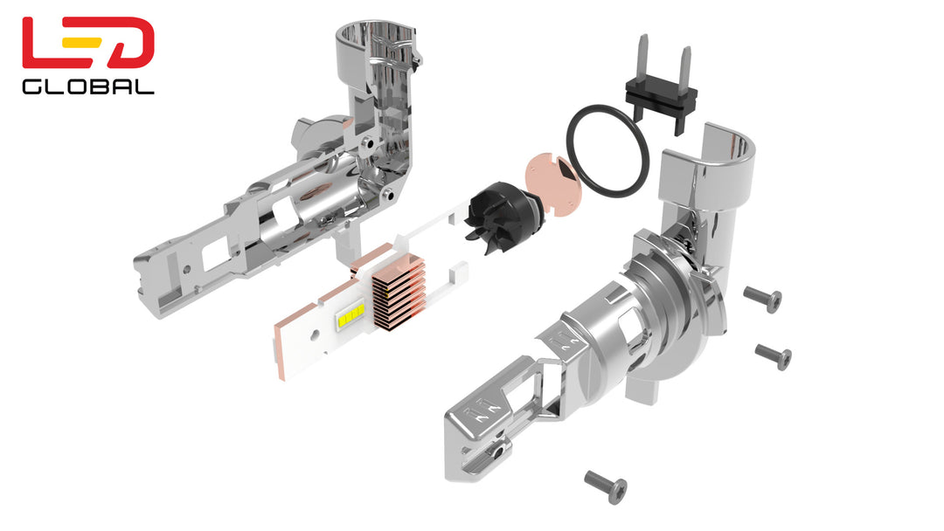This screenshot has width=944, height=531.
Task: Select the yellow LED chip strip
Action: tap(351, 315)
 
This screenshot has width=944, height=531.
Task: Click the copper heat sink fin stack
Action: tap(399, 293)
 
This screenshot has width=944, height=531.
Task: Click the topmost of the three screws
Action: tap(763, 299)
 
